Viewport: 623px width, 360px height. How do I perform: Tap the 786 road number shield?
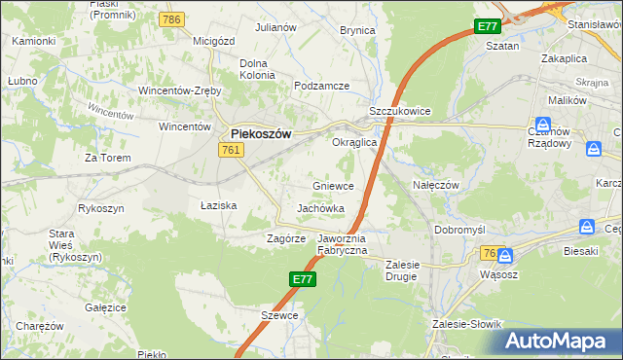[x=173, y=19]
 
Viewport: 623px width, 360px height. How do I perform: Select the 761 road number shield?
[x=231, y=149]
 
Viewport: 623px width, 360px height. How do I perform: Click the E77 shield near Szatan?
[x=488, y=26]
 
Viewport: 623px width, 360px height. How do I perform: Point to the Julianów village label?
[x=275, y=27]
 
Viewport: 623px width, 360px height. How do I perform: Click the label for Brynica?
[x=357, y=30]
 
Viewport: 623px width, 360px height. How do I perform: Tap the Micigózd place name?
[x=215, y=41]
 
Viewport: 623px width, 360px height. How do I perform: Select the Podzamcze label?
[x=321, y=86]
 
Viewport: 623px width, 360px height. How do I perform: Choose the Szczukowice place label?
[x=399, y=112]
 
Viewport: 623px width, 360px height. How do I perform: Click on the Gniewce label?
[x=333, y=185]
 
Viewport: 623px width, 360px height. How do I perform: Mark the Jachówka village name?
[x=321, y=208]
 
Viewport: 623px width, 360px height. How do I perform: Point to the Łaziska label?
[x=219, y=205]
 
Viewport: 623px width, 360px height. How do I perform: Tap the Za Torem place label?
[x=106, y=157]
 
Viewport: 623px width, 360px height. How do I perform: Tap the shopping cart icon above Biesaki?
[x=587, y=226]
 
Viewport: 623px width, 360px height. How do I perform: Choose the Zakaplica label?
[x=565, y=57]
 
